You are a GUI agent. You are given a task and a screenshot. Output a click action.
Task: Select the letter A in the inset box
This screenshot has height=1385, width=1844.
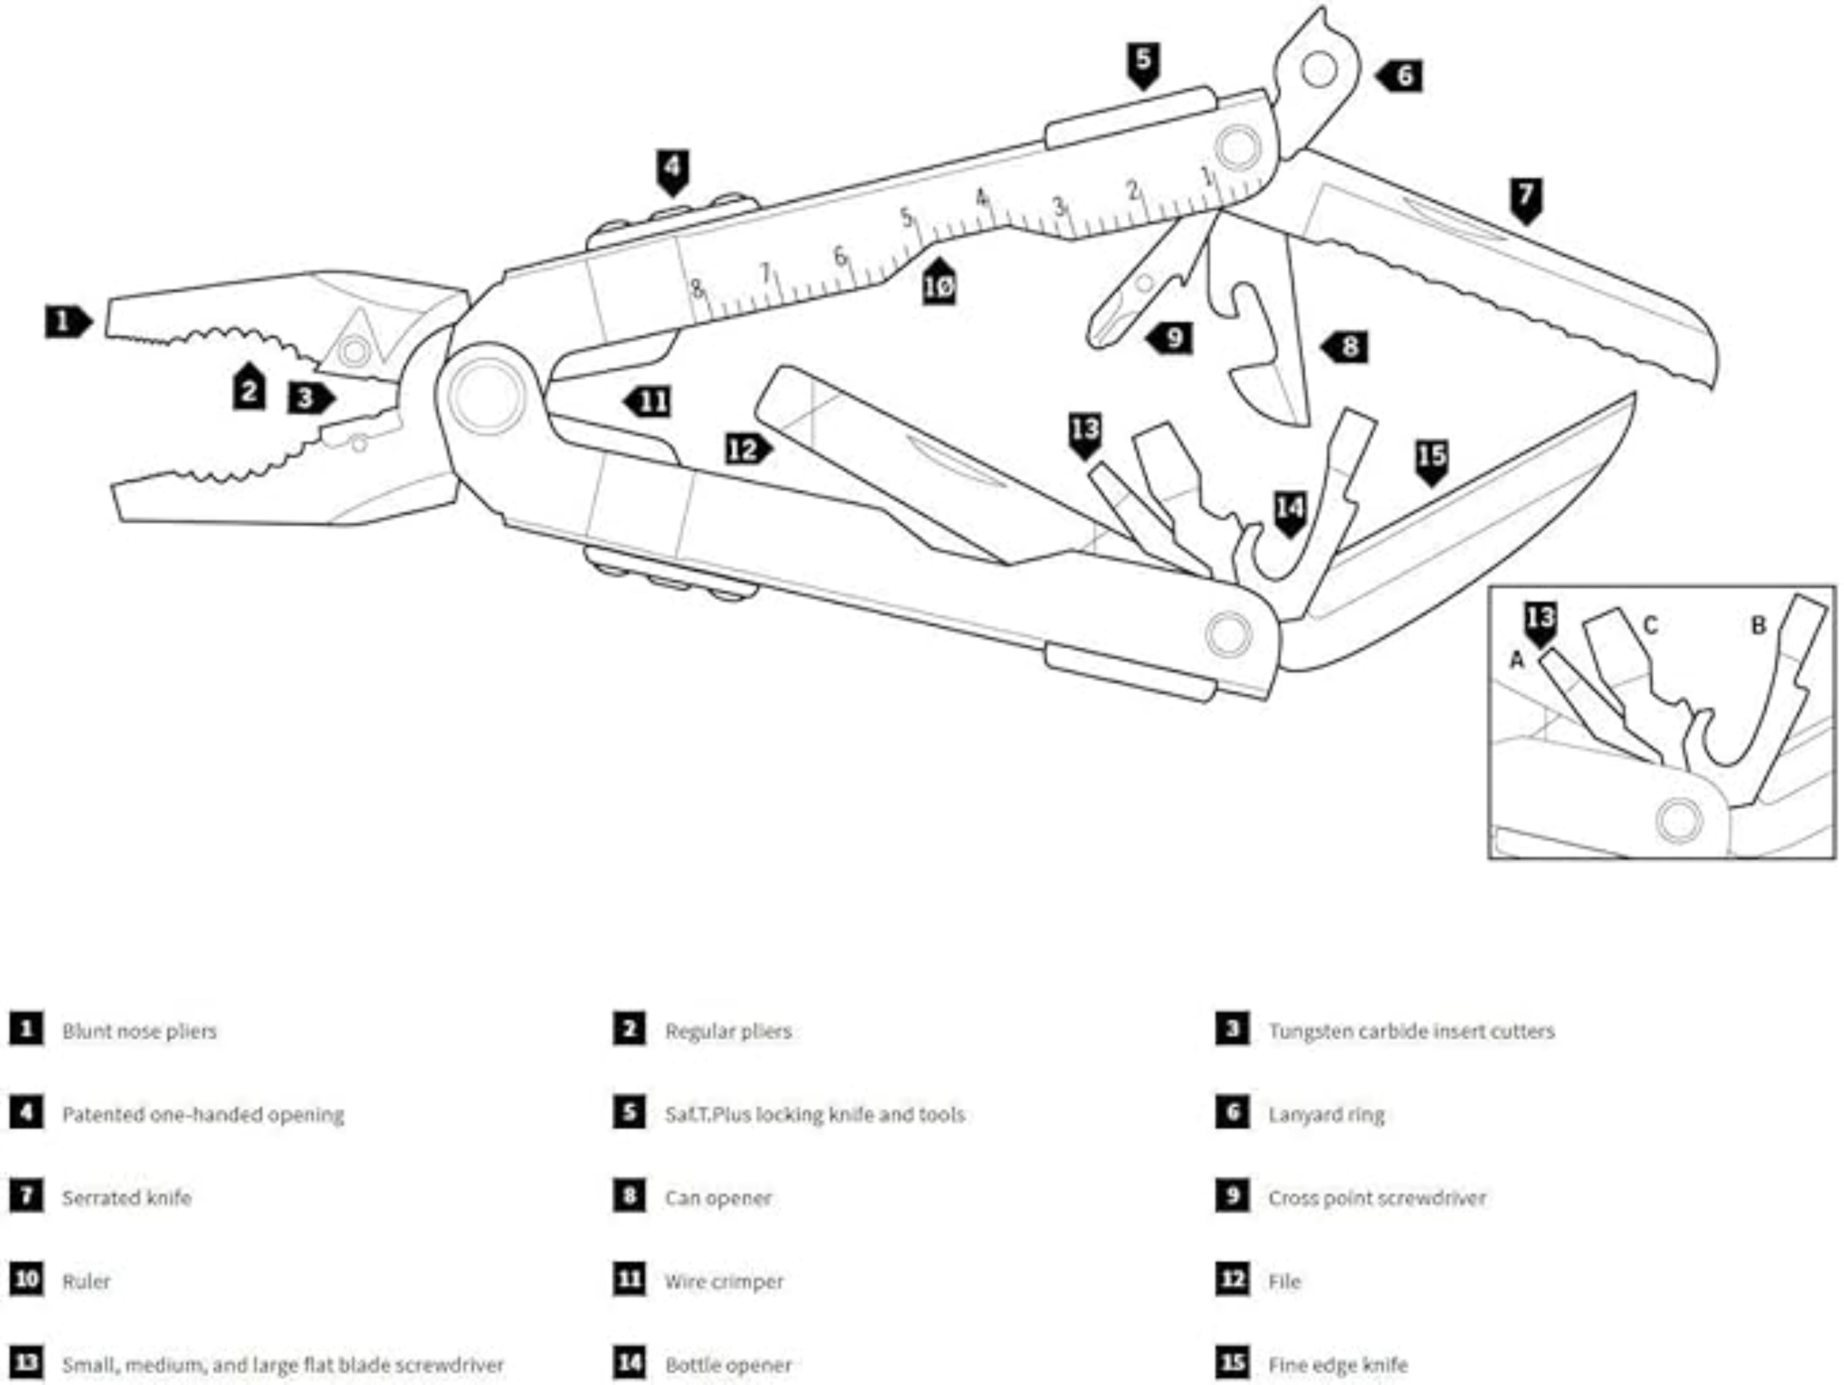coord(1517,660)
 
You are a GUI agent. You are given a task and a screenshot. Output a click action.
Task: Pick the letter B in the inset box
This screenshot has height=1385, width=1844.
coord(1758,626)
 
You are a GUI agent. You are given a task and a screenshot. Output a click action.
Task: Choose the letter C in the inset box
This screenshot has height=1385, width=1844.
coord(1650,626)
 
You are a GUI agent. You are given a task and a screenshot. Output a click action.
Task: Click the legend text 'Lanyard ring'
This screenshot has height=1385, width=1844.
coord(1326,1115)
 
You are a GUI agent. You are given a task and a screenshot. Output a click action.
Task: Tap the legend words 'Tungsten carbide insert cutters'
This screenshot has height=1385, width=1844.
coord(1410,1031)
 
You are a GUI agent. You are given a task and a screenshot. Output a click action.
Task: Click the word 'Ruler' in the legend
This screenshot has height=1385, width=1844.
coord(86,1282)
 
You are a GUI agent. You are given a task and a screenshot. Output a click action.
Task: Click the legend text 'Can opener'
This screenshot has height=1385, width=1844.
coord(718,1198)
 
